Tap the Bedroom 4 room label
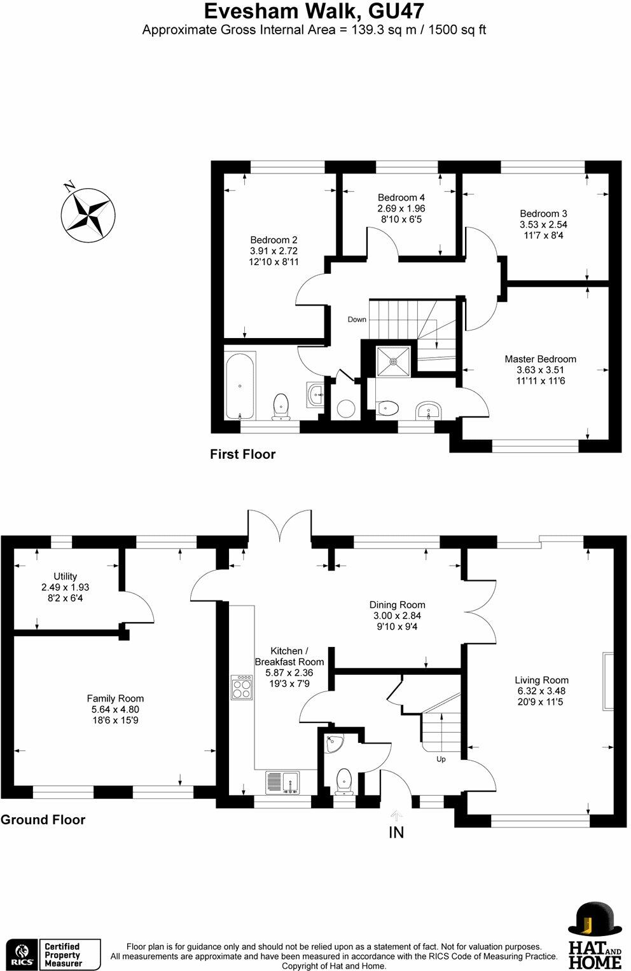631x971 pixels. click(401, 197)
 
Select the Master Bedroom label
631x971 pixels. click(540, 359)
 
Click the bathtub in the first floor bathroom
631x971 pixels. click(240, 385)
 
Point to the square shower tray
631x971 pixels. click(393, 361)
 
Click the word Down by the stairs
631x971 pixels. click(357, 320)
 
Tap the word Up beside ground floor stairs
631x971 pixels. click(441, 759)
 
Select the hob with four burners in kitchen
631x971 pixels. click(242, 687)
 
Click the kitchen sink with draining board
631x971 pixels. click(282, 783)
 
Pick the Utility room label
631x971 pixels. click(65, 576)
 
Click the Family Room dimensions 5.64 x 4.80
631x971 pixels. click(115, 710)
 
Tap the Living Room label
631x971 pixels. click(541, 680)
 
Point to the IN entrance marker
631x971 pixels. click(396, 832)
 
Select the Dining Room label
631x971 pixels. click(397, 605)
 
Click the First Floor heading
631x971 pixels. click(242, 454)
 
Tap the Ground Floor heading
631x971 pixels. click(43, 820)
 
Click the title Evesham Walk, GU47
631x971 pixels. click(314, 11)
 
